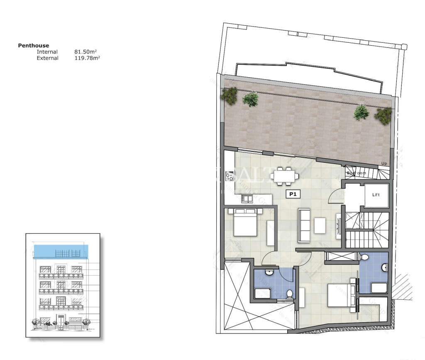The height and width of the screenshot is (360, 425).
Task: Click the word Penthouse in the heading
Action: (33, 45)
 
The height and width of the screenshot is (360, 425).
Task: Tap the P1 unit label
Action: (293, 193)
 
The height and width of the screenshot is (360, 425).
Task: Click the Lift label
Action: (376, 194)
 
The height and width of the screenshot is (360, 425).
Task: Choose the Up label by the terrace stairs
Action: (384, 164)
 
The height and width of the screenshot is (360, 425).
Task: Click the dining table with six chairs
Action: (284, 176)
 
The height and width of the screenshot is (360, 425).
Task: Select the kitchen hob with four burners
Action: (230, 176)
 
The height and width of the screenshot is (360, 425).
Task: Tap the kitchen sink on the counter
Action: (247, 199)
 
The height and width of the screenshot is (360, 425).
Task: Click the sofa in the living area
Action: (304, 226)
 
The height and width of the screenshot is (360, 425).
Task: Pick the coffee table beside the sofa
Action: (320, 225)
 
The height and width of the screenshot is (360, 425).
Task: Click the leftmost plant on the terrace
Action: (229, 96)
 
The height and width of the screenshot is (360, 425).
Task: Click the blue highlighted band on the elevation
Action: (61, 251)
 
